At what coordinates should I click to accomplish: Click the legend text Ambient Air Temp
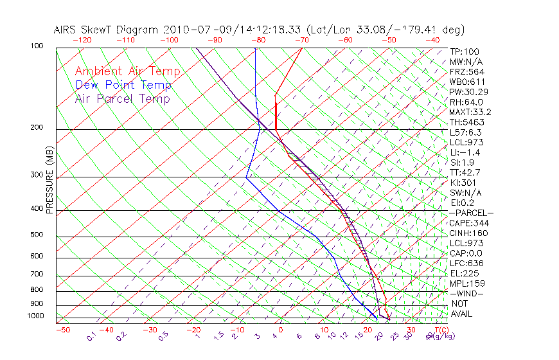[127, 71]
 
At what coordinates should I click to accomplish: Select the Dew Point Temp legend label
[123, 85]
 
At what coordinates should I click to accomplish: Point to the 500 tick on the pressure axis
[37, 235]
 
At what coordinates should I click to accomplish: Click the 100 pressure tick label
[37, 46]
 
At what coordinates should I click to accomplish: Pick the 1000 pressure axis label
[35, 316]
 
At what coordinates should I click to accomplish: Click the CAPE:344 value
[470, 223]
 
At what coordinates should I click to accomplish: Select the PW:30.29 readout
[470, 92]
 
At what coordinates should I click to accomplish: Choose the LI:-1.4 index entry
[466, 152]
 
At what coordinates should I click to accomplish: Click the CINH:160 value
[470, 233]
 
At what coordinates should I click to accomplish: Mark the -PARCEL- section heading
[471, 213]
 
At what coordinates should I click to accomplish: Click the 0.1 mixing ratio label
[91, 336]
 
